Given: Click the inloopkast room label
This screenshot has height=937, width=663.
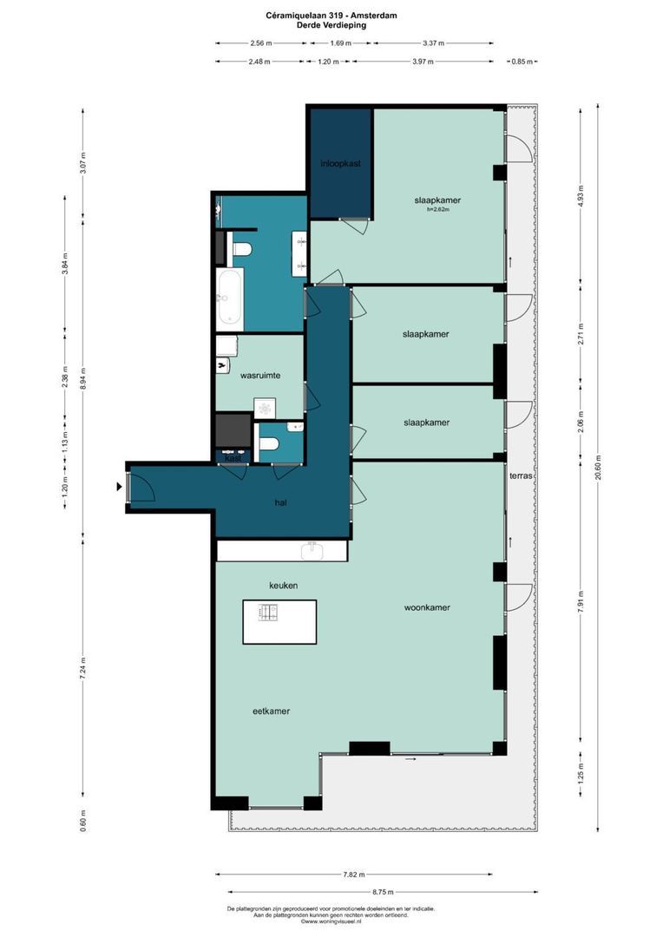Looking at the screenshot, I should (339, 163).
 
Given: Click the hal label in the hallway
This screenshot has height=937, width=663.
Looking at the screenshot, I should (280, 501).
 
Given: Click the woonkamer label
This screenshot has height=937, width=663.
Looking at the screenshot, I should (427, 607).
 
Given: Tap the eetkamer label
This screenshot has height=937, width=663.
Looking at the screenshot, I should (271, 711).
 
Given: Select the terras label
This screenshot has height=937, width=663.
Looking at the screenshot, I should (521, 476).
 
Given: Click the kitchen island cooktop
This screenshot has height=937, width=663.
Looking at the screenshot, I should (267, 613).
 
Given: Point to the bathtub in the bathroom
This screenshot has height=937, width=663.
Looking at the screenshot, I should (229, 297).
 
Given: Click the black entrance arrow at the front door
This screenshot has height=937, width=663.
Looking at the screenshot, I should (119, 487).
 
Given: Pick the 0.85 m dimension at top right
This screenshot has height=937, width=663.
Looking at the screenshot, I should (523, 62).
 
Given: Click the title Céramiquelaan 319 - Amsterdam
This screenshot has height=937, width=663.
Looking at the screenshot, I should (331, 16).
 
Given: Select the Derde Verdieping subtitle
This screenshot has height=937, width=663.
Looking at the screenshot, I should (331, 26).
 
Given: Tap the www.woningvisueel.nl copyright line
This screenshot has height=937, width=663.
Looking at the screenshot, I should (331, 921).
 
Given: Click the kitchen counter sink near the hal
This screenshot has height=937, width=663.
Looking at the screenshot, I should (312, 550).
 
